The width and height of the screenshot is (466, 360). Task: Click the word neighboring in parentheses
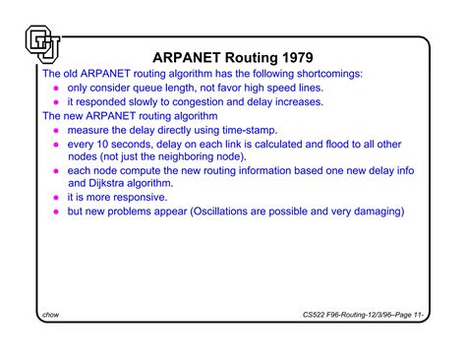coord(181,155)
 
